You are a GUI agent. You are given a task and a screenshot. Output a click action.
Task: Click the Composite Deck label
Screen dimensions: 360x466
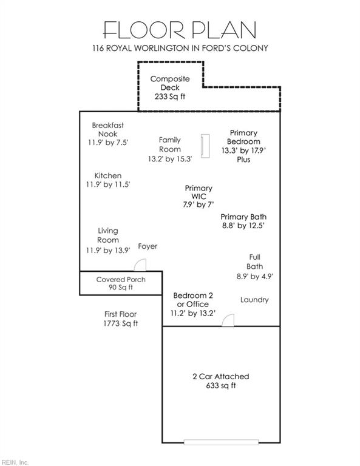(x=170, y=83)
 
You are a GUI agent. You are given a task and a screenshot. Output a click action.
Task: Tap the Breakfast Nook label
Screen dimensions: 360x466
(x=107, y=130)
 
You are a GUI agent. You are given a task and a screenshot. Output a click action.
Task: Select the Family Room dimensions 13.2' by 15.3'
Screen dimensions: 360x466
(x=170, y=159)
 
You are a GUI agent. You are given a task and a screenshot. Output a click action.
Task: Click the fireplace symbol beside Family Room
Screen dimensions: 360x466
(x=205, y=146)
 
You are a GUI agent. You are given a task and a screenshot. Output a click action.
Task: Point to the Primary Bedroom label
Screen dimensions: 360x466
(x=243, y=137)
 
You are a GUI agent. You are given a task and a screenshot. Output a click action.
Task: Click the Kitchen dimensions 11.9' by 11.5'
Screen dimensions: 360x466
(x=108, y=184)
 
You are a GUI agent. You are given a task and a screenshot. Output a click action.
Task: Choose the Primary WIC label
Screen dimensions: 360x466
(x=199, y=192)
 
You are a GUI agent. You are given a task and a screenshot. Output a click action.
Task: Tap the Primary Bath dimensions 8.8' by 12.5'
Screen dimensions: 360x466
(x=243, y=226)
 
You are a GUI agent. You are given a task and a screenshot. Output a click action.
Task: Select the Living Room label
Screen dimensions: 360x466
(x=108, y=235)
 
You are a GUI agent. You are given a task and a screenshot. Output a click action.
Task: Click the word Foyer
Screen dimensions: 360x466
(x=148, y=246)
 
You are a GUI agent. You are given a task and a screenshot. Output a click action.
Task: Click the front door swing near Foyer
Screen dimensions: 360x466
(x=140, y=265)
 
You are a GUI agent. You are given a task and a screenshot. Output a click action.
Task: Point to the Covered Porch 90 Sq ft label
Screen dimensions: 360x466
(x=121, y=283)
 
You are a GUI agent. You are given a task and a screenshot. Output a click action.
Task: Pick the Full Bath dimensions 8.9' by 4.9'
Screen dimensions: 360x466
(x=255, y=277)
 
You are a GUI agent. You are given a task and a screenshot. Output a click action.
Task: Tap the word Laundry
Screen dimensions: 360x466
(x=254, y=300)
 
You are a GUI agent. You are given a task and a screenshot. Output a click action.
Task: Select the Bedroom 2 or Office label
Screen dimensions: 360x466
(x=193, y=300)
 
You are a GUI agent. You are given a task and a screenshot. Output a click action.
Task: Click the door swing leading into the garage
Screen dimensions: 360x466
(x=228, y=320)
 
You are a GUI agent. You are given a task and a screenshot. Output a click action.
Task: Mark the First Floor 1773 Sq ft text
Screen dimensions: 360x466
(x=121, y=319)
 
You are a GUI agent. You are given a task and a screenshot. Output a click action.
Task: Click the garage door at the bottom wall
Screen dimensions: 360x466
(x=221, y=442)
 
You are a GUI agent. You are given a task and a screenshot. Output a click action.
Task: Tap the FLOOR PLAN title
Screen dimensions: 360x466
(x=180, y=30)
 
